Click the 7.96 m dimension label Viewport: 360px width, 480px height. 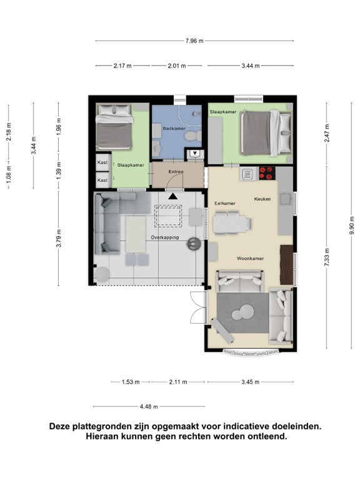(x=194, y=41)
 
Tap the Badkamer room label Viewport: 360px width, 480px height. (x=174, y=129)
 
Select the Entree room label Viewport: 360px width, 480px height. (x=176, y=172)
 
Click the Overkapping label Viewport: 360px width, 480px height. (x=165, y=237)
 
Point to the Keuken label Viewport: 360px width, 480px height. (x=262, y=199)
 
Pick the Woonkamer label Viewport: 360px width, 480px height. (x=251, y=259)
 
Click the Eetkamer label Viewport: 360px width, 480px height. (x=225, y=204)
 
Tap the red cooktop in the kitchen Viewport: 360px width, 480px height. (x=267, y=173)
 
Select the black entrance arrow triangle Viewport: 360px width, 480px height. (x=173, y=196)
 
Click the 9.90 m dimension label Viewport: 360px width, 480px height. (x=352, y=225)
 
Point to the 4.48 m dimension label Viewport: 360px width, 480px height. (x=149, y=407)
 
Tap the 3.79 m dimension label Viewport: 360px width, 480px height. (x=59, y=238)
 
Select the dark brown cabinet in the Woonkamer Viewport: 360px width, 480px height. (x=286, y=265)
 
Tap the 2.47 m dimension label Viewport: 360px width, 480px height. (x=327, y=133)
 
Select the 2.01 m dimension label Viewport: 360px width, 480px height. (x=177, y=66)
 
